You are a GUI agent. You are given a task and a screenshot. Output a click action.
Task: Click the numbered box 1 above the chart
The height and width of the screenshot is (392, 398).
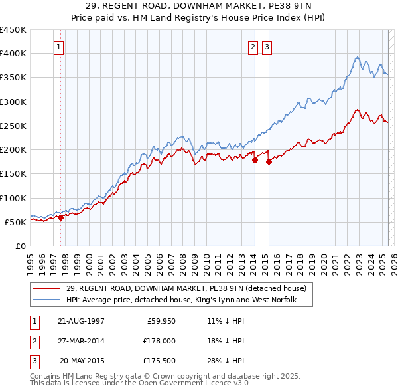tap(60, 47)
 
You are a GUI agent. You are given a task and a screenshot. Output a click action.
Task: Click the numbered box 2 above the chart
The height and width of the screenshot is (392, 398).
tap(253, 47)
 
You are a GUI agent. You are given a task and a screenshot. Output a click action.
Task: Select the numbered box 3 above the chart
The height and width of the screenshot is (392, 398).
tap(266, 47)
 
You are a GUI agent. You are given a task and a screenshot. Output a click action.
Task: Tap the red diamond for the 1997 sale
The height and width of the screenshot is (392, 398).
tap(60, 217)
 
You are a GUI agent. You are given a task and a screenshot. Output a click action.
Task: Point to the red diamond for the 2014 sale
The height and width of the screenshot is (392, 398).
tap(255, 160)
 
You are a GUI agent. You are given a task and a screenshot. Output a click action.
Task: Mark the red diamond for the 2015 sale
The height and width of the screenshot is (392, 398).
tap(269, 161)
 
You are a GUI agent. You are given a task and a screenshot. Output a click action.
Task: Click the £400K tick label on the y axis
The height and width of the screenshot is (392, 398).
tap(13, 54)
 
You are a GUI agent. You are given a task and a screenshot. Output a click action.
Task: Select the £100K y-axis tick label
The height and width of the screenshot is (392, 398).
tap(13, 198)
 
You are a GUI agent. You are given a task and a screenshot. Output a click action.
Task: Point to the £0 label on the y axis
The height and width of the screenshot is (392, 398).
tap(21, 246)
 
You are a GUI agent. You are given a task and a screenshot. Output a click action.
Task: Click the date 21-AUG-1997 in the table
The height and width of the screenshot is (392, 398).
tap(81, 320)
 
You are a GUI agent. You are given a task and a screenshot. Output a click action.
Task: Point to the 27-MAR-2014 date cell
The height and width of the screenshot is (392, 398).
tap(81, 341)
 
